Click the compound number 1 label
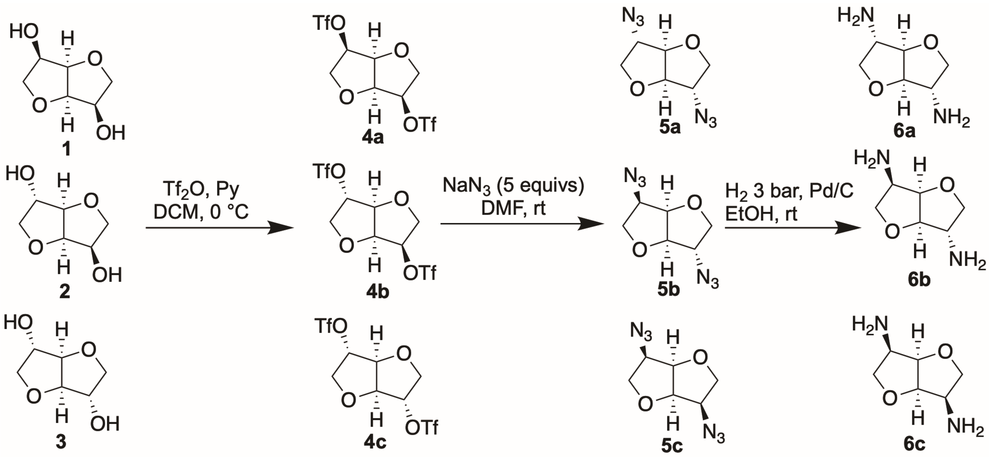click(66, 148)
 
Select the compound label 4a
click(372, 137)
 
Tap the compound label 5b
click(668, 289)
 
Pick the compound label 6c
click(914, 444)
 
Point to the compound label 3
click(61, 442)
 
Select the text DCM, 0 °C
click(201, 211)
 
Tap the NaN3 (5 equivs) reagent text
click(513, 185)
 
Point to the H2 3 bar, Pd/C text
click(789, 191)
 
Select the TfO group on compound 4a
click(329, 24)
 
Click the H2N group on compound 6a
click(855, 17)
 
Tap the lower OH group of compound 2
click(107, 275)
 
